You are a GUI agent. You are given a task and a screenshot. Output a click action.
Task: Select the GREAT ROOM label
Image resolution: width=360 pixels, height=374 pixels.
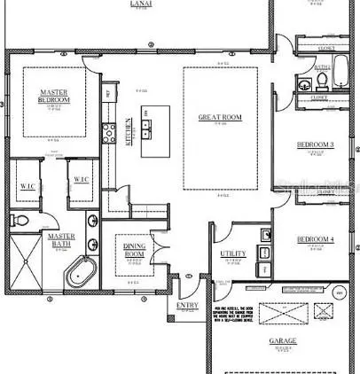[220, 117]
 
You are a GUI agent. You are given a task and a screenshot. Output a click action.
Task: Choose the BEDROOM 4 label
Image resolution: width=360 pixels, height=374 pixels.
[315, 239]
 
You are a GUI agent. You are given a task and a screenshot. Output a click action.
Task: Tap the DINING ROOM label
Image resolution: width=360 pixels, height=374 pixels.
[136, 251]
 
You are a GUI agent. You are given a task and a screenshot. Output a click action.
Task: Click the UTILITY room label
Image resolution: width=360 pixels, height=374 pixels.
[233, 254]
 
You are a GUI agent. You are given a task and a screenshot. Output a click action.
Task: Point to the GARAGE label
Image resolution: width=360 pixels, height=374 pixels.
[285, 340]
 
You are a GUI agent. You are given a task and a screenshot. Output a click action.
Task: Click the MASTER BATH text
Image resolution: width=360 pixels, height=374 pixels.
[61, 239]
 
